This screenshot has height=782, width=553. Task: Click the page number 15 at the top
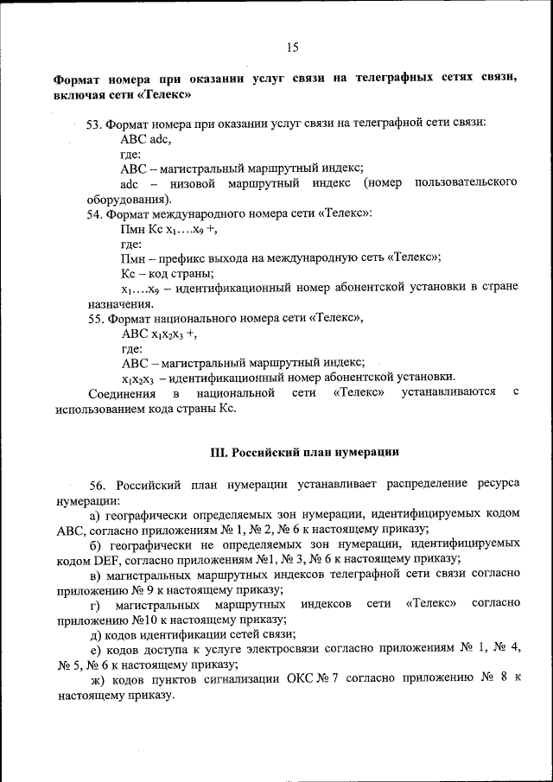292,48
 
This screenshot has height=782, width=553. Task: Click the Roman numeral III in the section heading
219,452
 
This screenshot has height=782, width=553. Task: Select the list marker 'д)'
97,634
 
